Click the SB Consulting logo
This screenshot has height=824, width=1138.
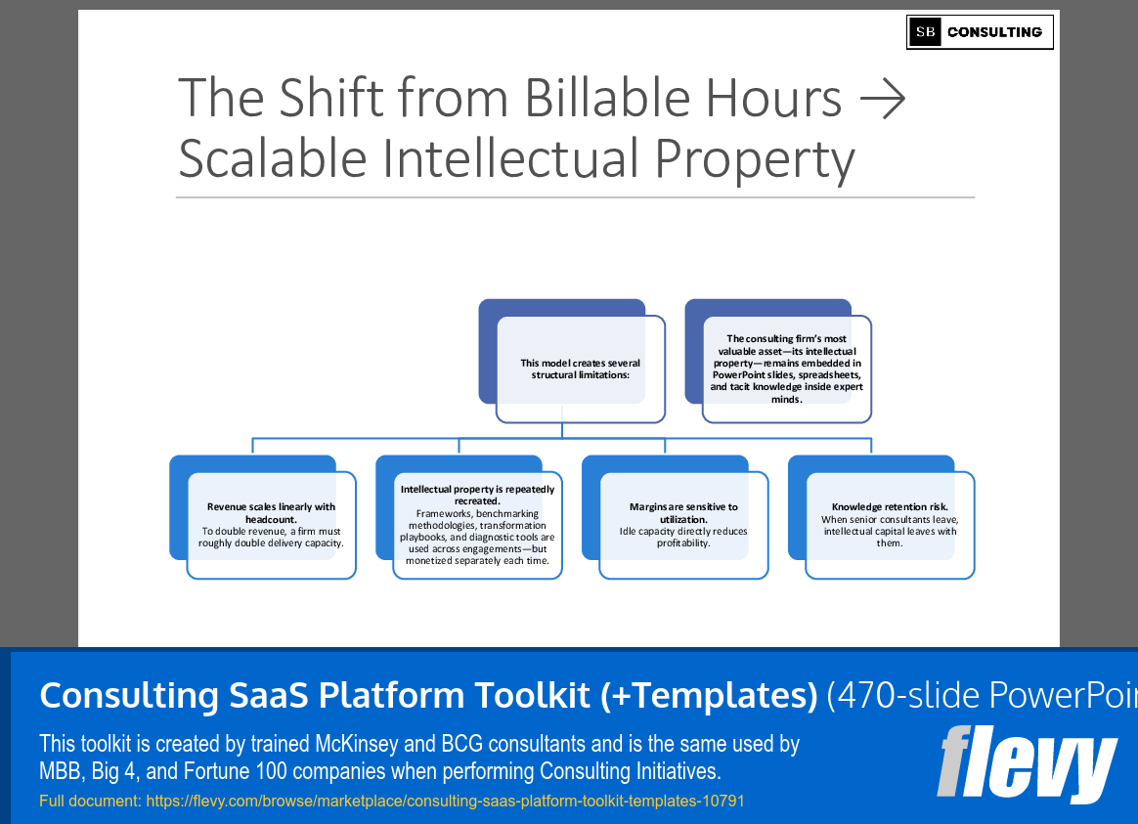980,32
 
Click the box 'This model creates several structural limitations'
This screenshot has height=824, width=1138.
580,369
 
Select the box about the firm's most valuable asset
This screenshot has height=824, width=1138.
786,369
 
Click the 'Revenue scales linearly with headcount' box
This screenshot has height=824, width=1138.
271,525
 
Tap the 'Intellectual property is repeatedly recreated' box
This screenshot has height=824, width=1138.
477,525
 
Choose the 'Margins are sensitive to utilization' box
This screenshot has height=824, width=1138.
683,525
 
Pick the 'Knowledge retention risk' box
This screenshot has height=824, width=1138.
890,525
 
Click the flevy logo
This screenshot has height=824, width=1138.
1026,763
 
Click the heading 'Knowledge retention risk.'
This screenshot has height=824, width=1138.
890,507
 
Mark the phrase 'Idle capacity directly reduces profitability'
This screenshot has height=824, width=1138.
683,537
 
